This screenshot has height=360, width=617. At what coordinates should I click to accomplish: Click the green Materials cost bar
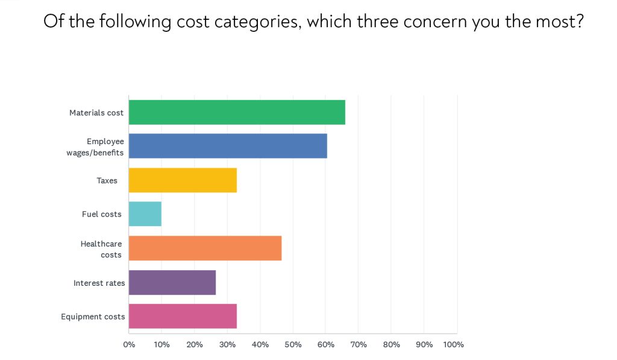237,112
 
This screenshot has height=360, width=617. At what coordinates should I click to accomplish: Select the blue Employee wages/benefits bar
228,146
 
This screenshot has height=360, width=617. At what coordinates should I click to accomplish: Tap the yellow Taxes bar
183,180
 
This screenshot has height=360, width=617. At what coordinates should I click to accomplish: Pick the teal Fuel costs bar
145,214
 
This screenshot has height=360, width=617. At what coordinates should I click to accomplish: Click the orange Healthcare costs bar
205,248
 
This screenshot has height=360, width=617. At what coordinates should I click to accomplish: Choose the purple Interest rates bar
172,282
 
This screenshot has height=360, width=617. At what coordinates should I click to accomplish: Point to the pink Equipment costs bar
183,316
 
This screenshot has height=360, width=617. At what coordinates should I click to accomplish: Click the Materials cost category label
96,113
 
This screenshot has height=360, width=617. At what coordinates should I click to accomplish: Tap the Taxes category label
107,180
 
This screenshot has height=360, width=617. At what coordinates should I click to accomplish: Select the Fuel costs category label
102,214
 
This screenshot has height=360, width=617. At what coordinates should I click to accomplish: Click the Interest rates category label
99,283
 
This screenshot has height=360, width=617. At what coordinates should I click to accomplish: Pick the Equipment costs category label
93,317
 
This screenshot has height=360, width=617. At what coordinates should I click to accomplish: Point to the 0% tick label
129,345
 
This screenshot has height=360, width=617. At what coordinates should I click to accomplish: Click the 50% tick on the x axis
293,345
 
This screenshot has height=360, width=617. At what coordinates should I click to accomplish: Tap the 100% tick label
454,345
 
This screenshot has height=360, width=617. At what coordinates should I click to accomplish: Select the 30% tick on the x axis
227,345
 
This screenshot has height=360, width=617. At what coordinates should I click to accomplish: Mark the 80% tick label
391,345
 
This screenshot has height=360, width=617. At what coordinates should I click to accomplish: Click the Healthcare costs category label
101,249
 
